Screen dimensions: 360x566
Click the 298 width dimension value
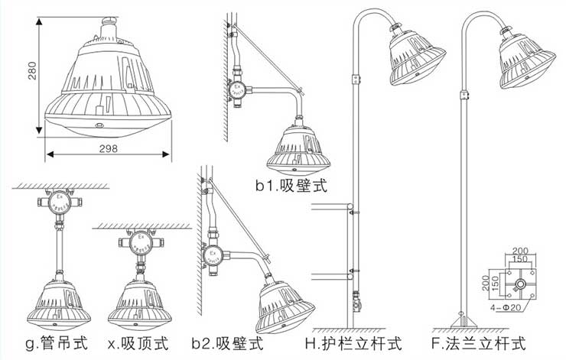[108, 149]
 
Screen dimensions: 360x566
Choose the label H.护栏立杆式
[343, 342]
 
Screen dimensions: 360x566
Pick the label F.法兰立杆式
[479, 342]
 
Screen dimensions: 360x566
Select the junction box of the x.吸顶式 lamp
[139, 244]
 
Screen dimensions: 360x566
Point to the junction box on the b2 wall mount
[213, 258]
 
